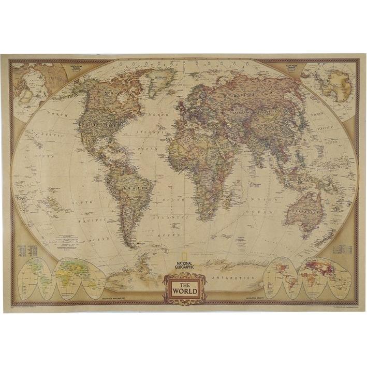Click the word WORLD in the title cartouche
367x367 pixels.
click(x=184, y=290)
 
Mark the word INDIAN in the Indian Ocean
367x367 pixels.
click(x=256, y=199)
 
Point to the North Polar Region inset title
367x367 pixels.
click(x=69, y=66)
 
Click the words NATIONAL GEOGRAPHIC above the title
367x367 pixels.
click(x=184, y=266)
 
